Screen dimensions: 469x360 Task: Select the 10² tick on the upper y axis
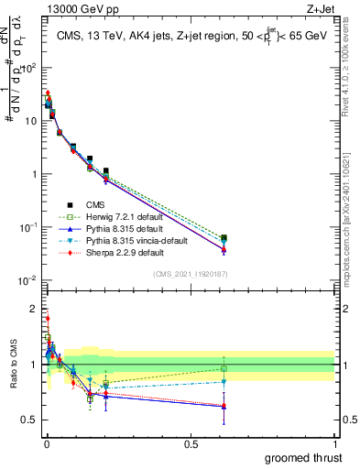tap(28, 68)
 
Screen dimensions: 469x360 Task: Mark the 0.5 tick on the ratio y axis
tap(30, 420)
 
